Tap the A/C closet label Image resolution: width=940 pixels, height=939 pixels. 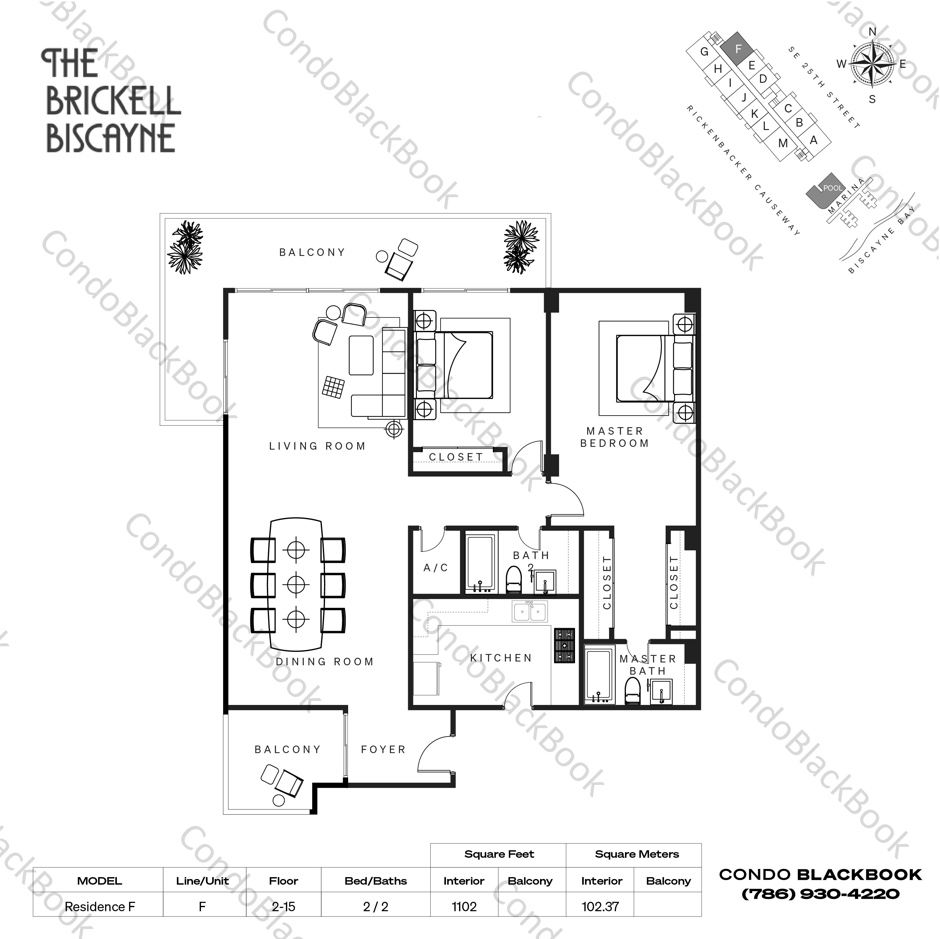coord(435,567)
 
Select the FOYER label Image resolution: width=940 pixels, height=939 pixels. coord(383,750)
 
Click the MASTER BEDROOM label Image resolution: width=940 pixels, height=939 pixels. coord(614,437)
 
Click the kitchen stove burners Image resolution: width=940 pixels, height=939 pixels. coord(564,646)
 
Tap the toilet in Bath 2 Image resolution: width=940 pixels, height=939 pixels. coord(514,580)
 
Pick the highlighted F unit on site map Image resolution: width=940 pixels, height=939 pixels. coord(737,49)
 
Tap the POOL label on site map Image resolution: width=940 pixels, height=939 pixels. coord(832,188)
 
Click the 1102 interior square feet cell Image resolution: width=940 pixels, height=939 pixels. coord(464,907)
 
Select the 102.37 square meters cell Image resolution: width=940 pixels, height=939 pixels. coord(600,907)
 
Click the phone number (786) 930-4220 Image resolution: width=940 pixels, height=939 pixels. coord(820,893)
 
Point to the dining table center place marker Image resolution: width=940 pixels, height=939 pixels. coord(296,584)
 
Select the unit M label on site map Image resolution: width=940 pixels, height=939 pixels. coord(783,143)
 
